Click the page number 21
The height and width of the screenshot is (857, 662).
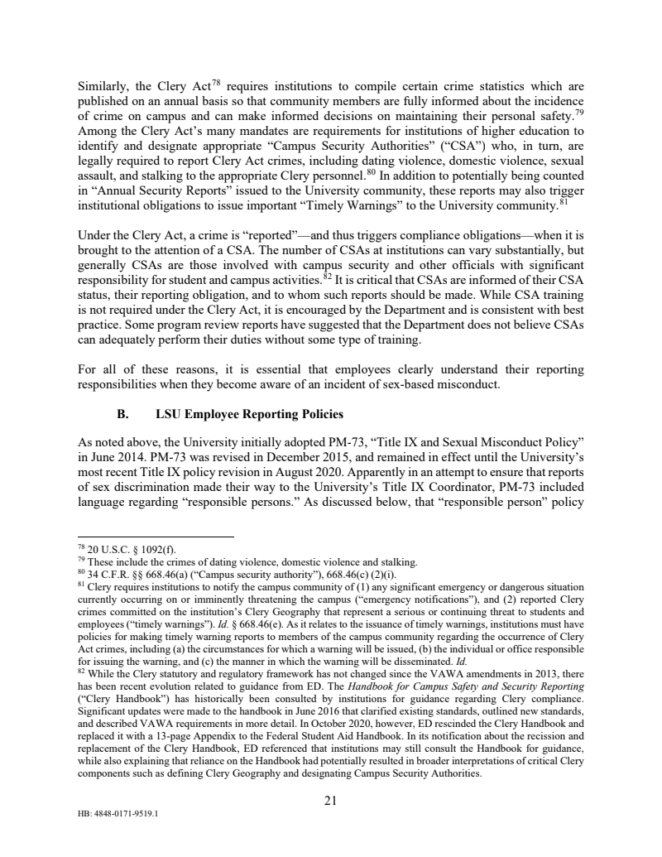329,800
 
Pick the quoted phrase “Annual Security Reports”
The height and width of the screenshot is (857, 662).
152,190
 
